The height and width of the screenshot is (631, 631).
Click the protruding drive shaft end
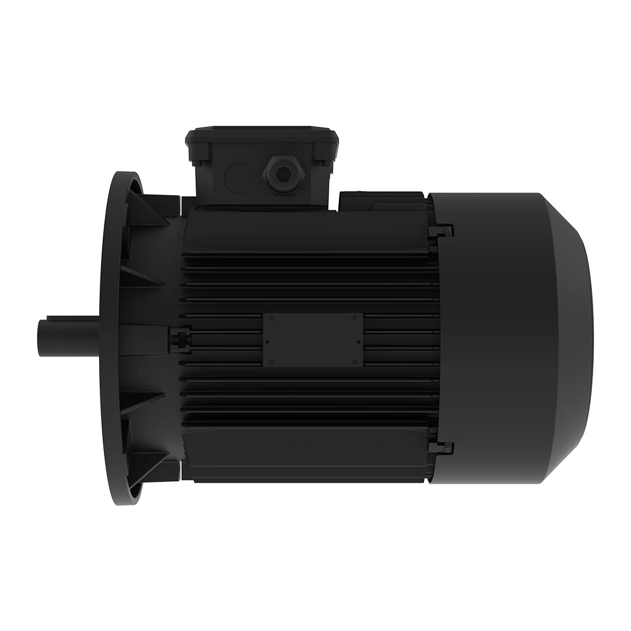click(x=58, y=337)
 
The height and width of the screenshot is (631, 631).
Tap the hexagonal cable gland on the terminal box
click(x=283, y=174)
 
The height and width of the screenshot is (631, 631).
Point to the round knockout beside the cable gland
click(x=239, y=175)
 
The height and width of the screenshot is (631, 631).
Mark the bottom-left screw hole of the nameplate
click(x=271, y=362)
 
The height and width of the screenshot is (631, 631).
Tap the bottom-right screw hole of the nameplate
click(x=355, y=362)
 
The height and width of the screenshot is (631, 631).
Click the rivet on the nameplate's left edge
click(x=267, y=342)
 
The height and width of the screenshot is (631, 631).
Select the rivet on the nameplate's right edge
click(x=358, y=342)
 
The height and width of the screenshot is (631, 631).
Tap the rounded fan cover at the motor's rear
click(x=514, y=339)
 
